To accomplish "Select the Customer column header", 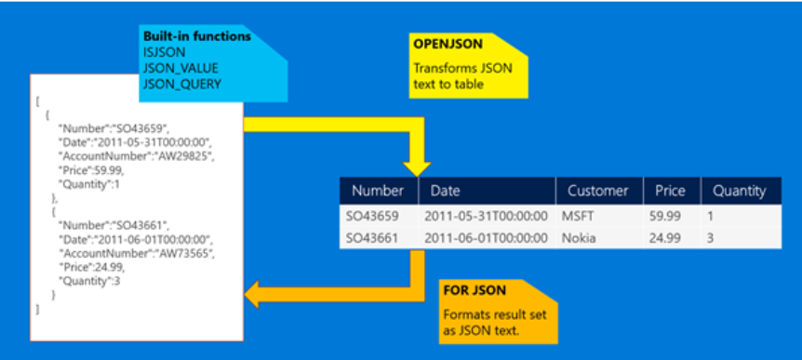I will point(597,191).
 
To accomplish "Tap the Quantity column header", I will point(739,191).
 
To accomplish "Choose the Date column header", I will point(448,191).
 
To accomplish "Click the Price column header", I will point(670,191).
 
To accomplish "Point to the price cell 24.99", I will point(664,237).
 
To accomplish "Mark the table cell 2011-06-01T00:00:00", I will point(486,237).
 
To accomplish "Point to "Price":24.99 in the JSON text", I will point(89,267).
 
